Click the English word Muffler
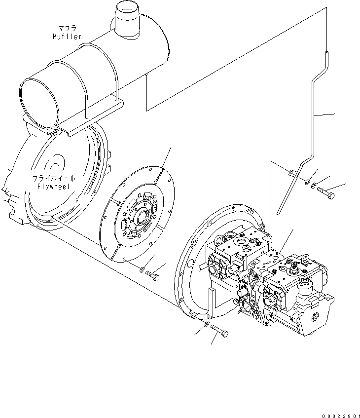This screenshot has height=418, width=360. pyautogui.click(x=68, y=37)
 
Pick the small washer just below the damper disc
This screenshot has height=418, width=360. pyautogui.click(x=142, y=269)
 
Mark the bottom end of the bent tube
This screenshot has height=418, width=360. pyautogui.click(x=280, y=214)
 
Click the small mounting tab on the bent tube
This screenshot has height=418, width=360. pyautogui.click(x=292, y=173)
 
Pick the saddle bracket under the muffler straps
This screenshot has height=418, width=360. pyautogui.click(x=94, y=118)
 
